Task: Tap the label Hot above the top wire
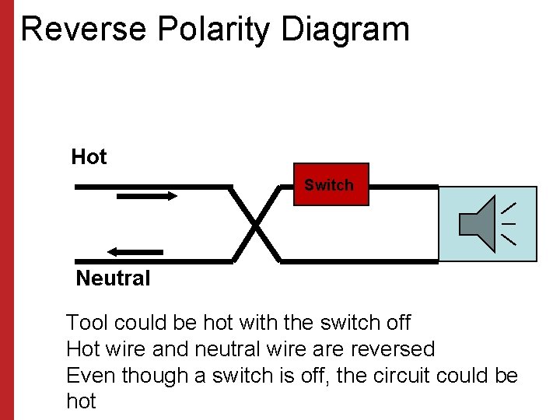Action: pyautogui.click(x=89, y=157)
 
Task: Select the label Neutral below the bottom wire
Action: pyautogui.click(x=113, y=278)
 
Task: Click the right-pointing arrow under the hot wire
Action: pyautogui.click(x=147, y=196)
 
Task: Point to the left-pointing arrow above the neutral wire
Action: pyautogui.click(x=135, y=251)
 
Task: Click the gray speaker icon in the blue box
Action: pyautogui.click(x=478, y=224)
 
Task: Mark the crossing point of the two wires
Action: pyautogui.click(x=256, y=224)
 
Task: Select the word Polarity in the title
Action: pyautogui.click(x=214, y=30)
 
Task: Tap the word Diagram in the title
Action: pyautogui.click(x=345, y=30)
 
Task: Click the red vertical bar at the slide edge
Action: pyautogui.click(x=7, y=210)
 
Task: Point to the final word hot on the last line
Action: pyautogui.click(x=81, y=401)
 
